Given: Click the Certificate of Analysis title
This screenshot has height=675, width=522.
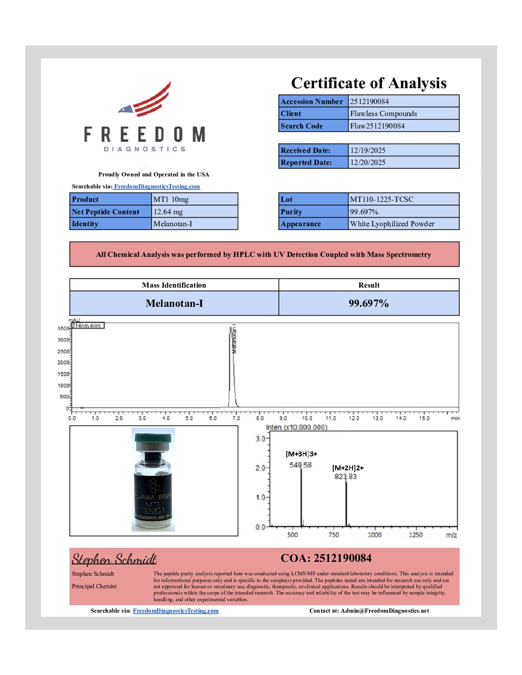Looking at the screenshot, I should coord(368,83).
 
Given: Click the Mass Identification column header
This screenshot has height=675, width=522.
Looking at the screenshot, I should coord(174,285).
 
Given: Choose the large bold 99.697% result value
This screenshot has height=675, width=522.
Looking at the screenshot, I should coord(368,303).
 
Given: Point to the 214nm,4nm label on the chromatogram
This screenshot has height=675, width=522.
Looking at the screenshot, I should coord(87,326).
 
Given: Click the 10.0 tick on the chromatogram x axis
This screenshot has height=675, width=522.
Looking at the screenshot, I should coord(307,419).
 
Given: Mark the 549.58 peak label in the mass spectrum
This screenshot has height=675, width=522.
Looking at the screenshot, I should coord(300,465).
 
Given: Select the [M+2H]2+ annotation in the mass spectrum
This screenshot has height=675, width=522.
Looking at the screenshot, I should coord(348,468).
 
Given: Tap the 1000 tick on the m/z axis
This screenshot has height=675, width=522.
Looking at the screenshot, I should coord(375,535).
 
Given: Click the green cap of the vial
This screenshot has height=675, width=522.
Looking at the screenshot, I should coord(153,438).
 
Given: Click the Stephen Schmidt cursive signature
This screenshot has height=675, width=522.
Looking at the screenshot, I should coord(114,559).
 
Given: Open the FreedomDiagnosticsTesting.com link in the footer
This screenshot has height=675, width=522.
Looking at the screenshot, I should coord(176,611).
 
